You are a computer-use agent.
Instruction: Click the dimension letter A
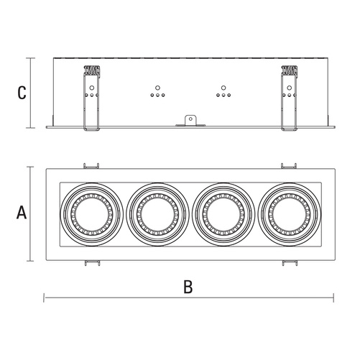pos(22,213)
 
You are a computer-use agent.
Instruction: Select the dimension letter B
pos(188,286)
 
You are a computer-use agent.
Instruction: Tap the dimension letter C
pos(22,93)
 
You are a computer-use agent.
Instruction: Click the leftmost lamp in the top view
pos(88,213)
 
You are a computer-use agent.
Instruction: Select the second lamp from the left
pos(157,213)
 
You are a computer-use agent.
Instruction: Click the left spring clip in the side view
pos(91,98)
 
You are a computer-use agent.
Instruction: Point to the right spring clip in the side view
pos(288,98)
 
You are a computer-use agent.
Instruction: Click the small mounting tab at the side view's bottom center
pos(190,121)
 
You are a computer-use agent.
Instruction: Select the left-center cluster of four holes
pos(157,93)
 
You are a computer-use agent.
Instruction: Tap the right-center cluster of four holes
pos(224,93)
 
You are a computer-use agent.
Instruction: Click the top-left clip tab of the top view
pos(90,165)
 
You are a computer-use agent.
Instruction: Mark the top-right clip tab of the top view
pos(289,165)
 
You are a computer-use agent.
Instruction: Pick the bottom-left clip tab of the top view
pos(90,262)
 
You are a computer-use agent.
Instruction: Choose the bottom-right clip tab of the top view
pos(289,262)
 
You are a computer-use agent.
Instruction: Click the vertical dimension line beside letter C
pos(30,92)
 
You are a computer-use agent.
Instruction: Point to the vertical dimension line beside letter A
pos(30,213)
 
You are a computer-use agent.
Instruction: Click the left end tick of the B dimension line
pos(45,295)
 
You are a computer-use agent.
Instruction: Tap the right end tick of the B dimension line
pos(334,295)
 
